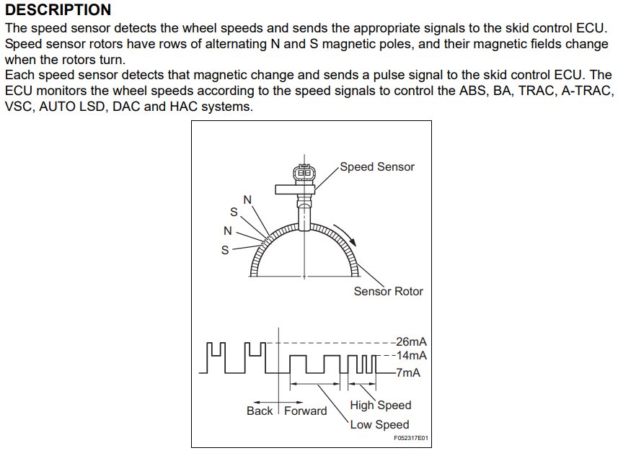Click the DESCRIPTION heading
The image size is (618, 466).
[58, 10]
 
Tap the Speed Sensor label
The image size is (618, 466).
[377, 167]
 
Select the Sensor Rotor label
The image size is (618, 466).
[388, 291]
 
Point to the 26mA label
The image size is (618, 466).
[412, 341]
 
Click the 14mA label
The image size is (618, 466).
[412, 355]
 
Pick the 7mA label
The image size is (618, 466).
[408, 372]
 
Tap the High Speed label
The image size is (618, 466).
[381, 405]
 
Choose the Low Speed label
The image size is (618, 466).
[379, 425]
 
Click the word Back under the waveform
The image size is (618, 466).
[260, 411]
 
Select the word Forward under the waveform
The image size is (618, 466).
[306, 411]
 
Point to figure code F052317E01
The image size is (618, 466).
[411, 438]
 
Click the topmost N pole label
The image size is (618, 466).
[247, 200]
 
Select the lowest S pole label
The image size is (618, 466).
[225, 250]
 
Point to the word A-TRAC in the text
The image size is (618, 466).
[588, 91]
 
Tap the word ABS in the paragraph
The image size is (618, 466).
[473, 91]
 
